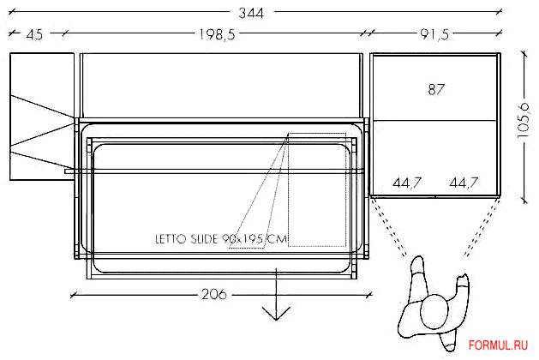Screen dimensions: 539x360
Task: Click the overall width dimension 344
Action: click(251, 13)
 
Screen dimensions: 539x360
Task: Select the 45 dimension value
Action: click(34, 34)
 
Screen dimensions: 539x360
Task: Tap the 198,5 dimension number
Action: click(218, 34)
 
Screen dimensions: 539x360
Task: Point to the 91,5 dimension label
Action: click(434, 34)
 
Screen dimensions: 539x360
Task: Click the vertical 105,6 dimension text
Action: click(524, 120)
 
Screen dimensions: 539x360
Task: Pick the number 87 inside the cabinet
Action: click(436, 89)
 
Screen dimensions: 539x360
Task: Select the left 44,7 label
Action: click(407, 183)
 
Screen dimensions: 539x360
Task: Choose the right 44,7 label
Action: click(464, 183)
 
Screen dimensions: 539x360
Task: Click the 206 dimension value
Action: click(214, 294)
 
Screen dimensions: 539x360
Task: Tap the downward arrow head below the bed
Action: click(276, 314)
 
